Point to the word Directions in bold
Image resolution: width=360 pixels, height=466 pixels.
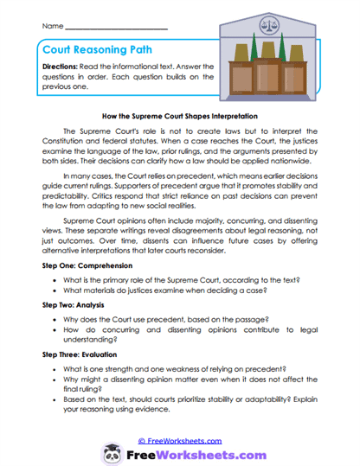[x=61, y=67]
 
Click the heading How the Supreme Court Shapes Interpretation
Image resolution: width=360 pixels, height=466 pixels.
[x=180, y=114]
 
